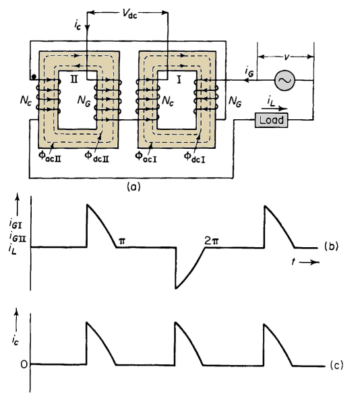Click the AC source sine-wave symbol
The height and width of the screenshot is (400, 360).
tap(284, 80)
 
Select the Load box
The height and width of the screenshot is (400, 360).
tap(272, 120)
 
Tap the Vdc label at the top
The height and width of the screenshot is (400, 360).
tap(129, 13)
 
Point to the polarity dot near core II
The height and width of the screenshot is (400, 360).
tap(34, 77)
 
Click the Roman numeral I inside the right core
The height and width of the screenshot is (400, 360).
tap(179, 80)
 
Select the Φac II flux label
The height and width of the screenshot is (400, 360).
tap(50, 156)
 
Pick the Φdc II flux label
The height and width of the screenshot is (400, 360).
tap(97, 156)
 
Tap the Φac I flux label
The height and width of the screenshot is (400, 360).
tap(146, 156)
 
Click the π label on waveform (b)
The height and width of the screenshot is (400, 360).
tap(122, 240)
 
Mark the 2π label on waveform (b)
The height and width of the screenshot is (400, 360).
tap(212, 240)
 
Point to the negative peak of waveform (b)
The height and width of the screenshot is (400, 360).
tap(176, 288)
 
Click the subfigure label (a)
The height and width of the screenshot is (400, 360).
tap(133, 187)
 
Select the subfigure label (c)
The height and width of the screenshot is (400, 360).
tap(336, 365)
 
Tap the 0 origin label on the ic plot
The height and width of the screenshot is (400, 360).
tap(24, 364)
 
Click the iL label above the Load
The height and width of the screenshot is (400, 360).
tap(271, 102)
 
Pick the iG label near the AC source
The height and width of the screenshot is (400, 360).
tap(249, 71)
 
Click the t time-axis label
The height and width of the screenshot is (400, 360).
tap(294, 262)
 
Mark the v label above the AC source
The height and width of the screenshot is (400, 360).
tap(287, 57)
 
